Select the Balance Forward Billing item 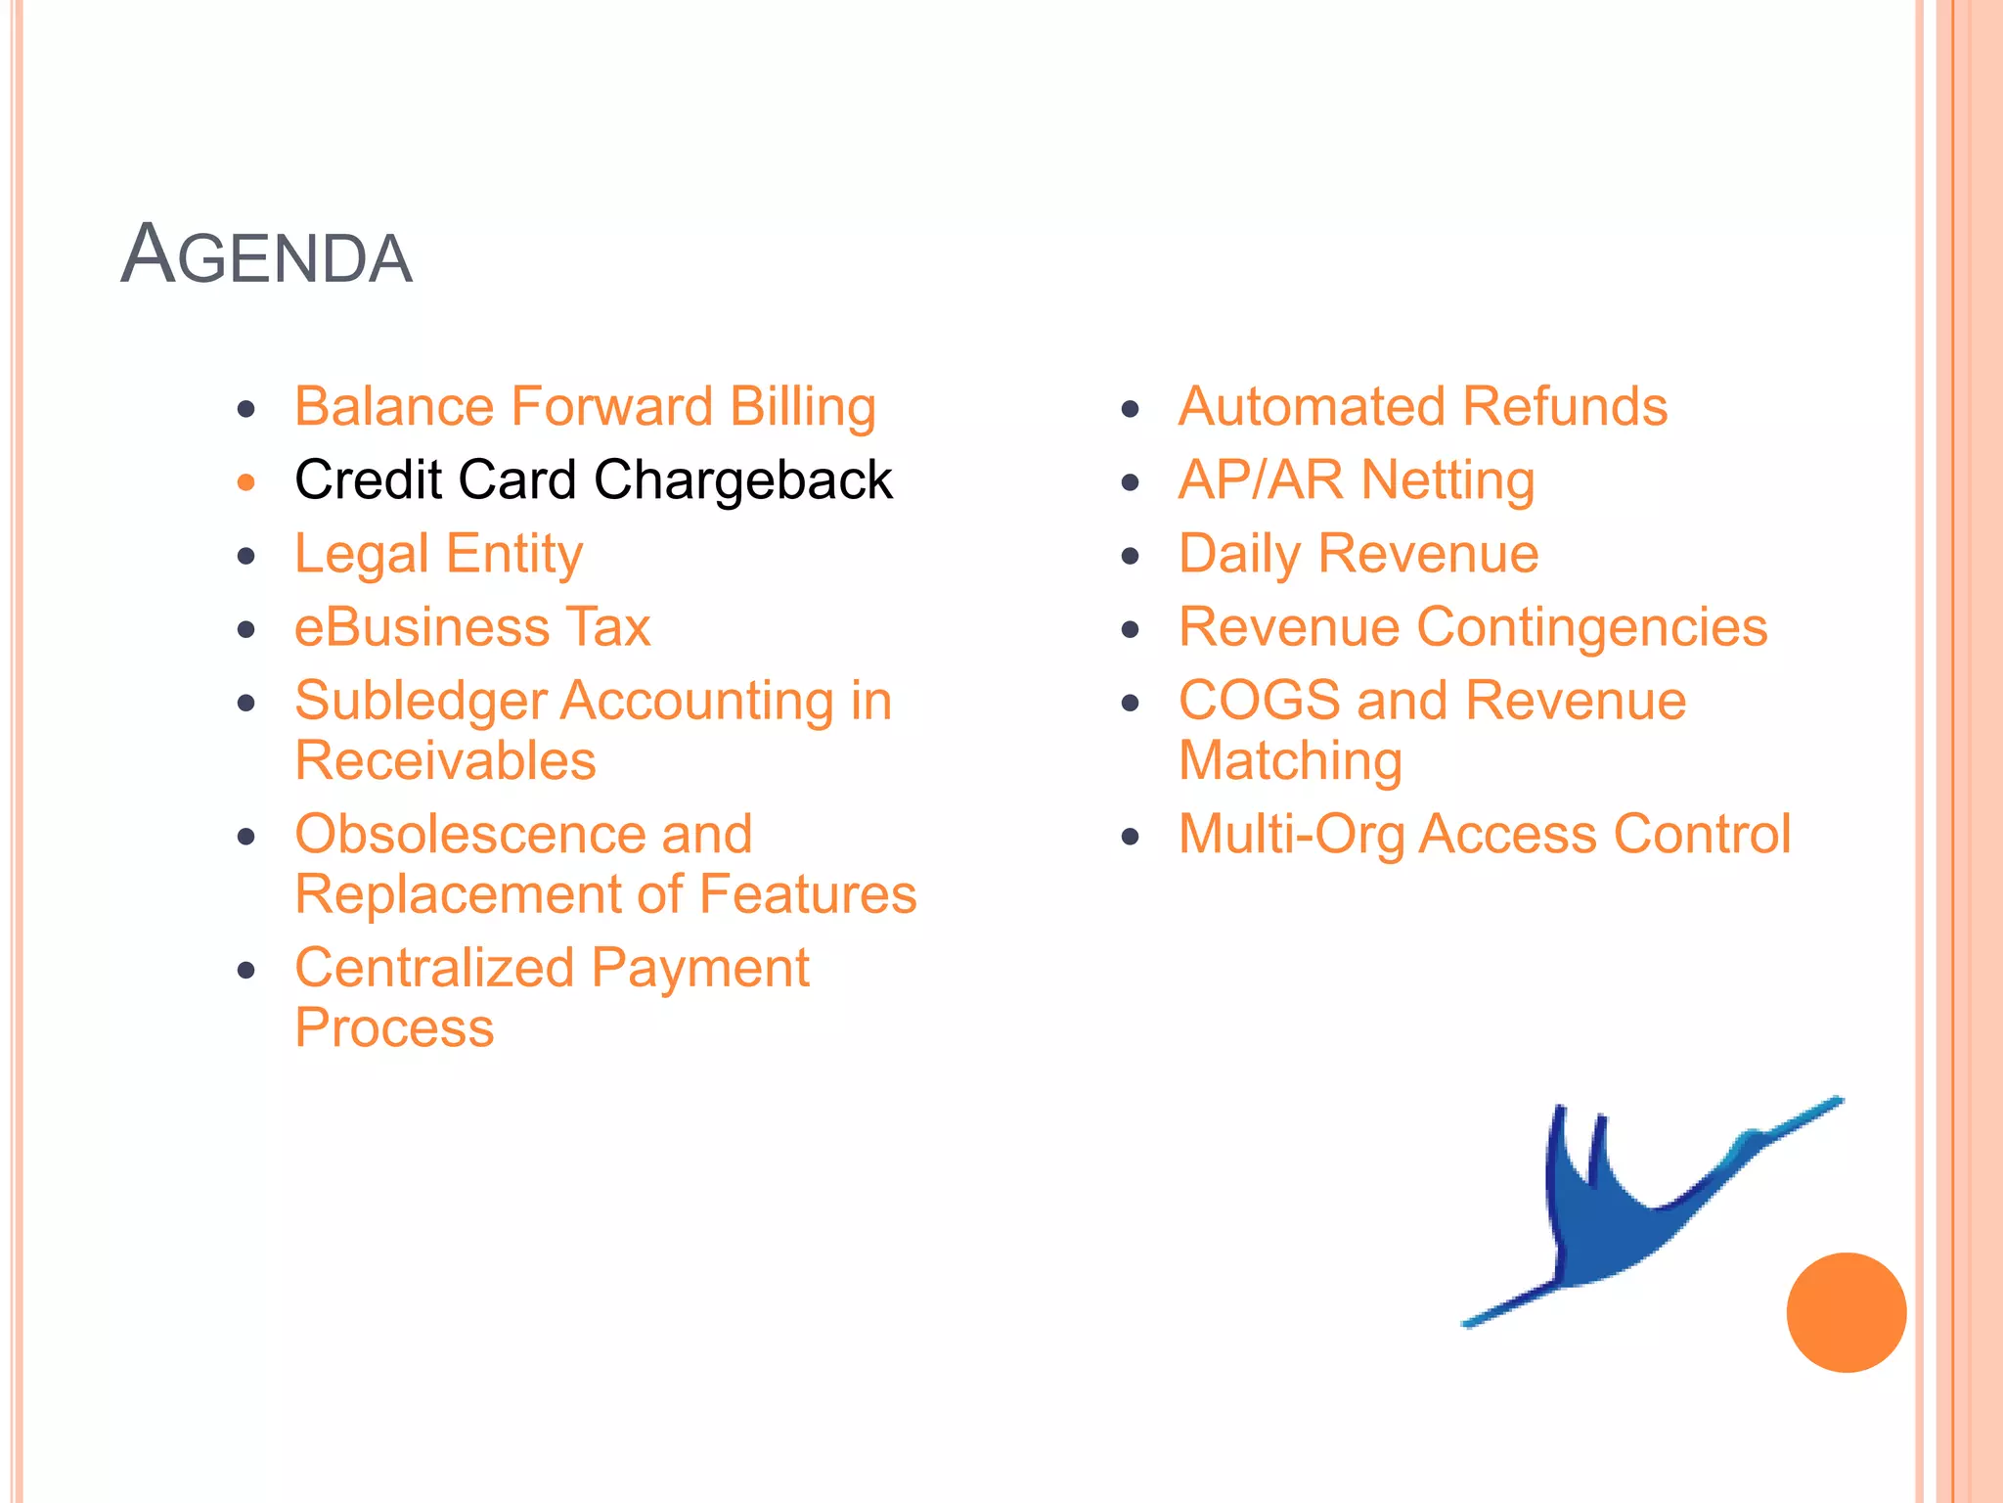pyautogui.click(x=585, y=407)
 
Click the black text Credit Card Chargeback pyautogui.click(x=594, y=480)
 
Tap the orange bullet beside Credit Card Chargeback pyautogui.click(x=246, y=482)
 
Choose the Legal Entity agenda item pyautogui.click(x=438, y=555)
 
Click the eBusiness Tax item pyautogui.click(x=472, y=627)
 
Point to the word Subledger pyautogui.click(x=421, y=702)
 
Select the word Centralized pyautogui.click(x=434, y=968)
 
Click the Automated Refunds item pyautogui.click(x=1422, y=407)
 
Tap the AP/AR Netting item pyautogui.click(x=1356, y=480)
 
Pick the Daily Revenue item pyautogui.click(x=1358, y=554)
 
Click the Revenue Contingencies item pyautogui.click(x=1472, y=627)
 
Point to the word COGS pyautogui.click(x=1259, y=701)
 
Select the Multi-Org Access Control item pyautogui.click(x=1484, y=835)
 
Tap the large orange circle pyautogui.click(x=1846, y=1312)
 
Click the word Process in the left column pyautogui.click(x=394, y=1028)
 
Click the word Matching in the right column pyautogui.click(x=1290, y=761)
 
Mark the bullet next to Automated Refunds pyautogui.click(x=1131, y=409)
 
